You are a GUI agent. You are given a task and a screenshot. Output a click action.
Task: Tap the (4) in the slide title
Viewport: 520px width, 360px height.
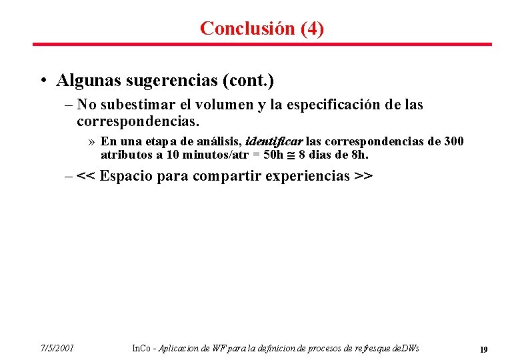point(312,28)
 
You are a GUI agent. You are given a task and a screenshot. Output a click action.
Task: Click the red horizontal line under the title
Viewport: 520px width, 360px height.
point(262,45)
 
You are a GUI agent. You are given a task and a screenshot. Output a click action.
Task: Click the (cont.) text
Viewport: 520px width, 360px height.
point(249,81)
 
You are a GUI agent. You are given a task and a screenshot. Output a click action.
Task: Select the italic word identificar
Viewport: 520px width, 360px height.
point(274,141)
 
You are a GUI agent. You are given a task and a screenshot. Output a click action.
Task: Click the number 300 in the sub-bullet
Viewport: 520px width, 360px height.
point(453,141)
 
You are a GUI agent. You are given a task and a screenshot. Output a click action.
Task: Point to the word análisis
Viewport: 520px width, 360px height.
point(217,141)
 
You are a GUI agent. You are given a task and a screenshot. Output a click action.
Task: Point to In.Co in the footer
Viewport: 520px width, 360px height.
point(141,348)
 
